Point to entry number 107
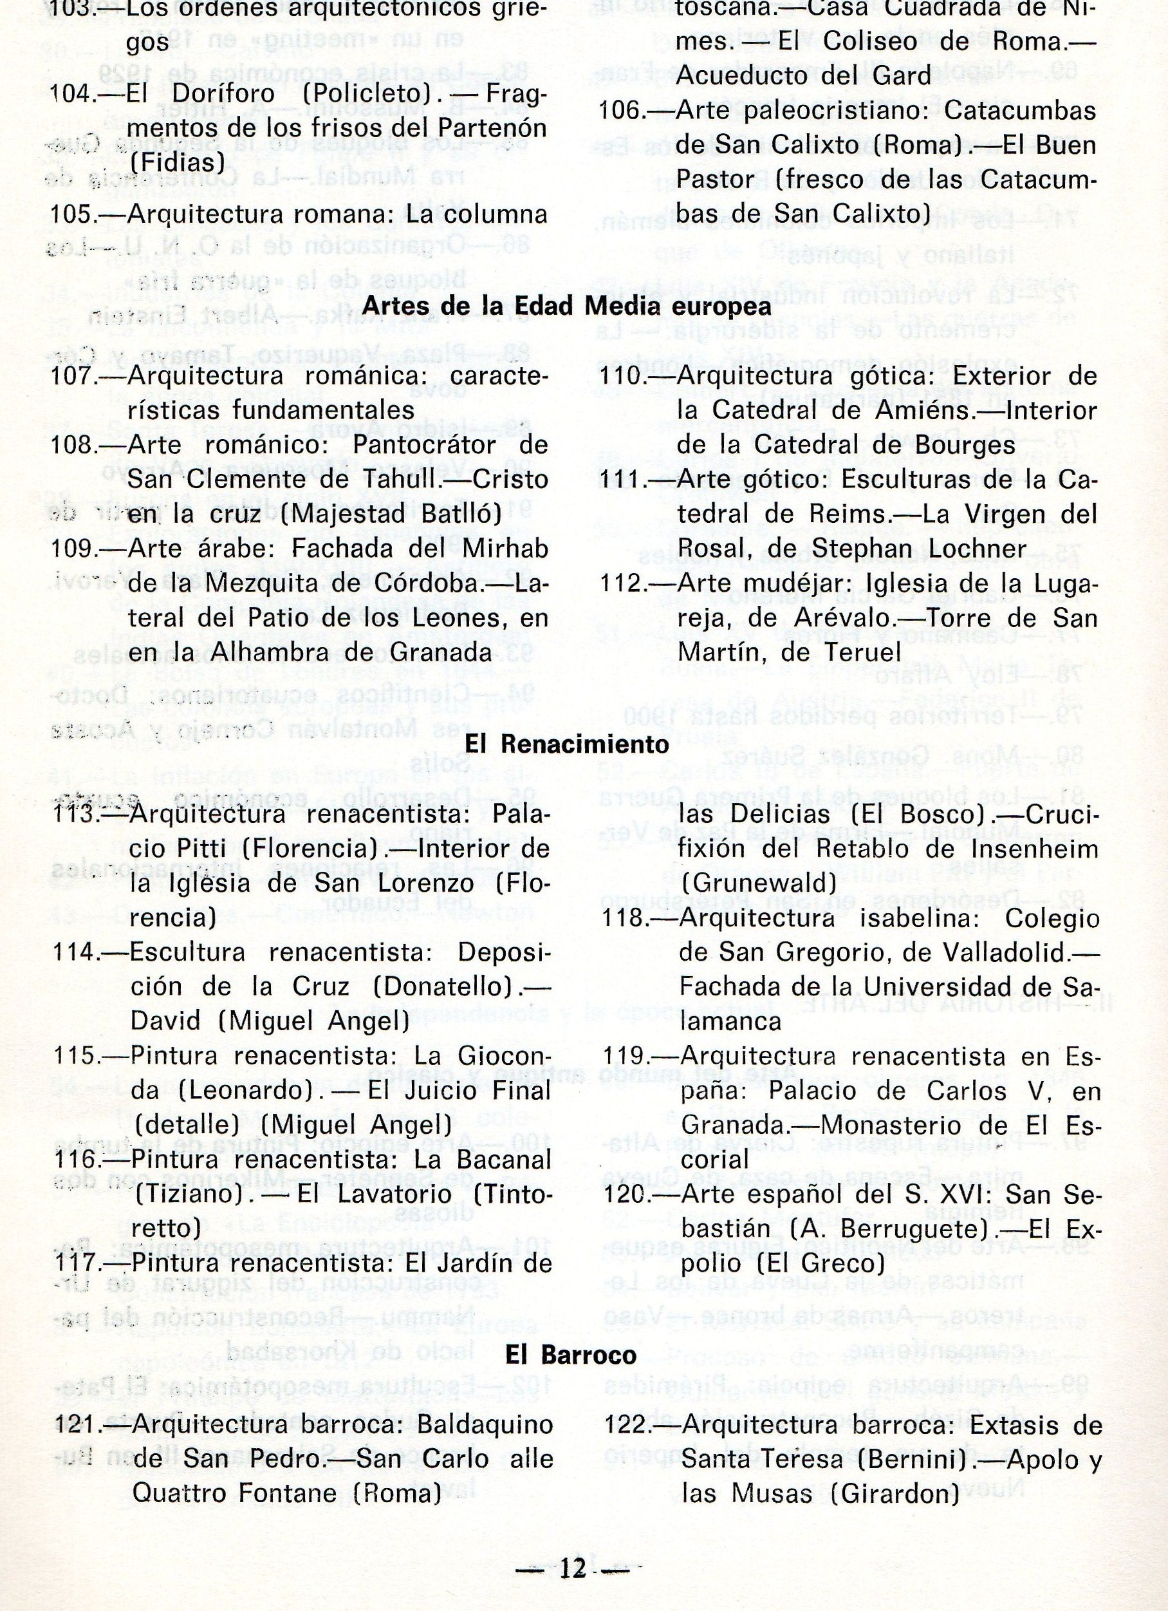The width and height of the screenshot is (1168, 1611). click(73, 377)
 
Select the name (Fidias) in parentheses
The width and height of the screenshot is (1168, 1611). click(178, 163)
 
